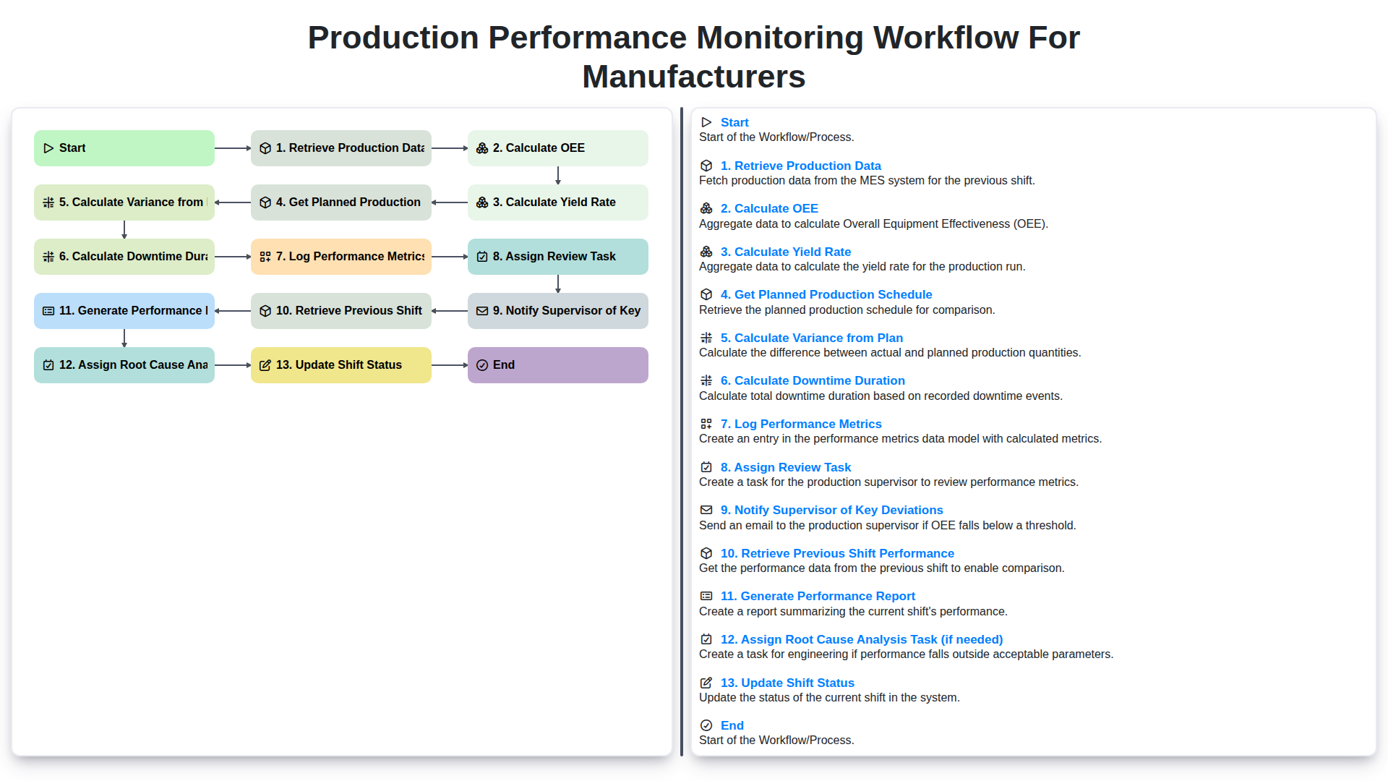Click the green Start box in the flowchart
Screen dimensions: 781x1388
124,148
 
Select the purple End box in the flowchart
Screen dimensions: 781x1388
557,365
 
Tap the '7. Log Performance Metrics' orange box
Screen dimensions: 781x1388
340,257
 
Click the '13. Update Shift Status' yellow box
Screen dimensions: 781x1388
340,365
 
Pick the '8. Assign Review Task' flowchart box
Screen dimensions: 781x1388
557,257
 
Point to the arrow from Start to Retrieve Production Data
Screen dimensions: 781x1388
232,148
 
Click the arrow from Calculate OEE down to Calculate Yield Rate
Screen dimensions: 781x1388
558,175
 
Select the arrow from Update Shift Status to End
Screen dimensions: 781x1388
449,365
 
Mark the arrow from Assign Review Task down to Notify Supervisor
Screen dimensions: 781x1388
558,283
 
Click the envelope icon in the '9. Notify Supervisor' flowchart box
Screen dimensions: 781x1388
482,311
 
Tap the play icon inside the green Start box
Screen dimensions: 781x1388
48,148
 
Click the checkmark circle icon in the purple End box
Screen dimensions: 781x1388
482,365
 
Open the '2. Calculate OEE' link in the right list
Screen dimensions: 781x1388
768,208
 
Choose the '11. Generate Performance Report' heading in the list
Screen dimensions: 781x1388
817,596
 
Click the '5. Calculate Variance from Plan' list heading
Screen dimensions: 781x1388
811,338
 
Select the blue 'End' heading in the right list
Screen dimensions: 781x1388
732,725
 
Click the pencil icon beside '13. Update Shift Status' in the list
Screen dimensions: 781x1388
706,683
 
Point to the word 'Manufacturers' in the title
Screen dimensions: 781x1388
693,77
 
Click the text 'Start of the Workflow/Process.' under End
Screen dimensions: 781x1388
776,741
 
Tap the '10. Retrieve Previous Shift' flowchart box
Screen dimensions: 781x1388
340,311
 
